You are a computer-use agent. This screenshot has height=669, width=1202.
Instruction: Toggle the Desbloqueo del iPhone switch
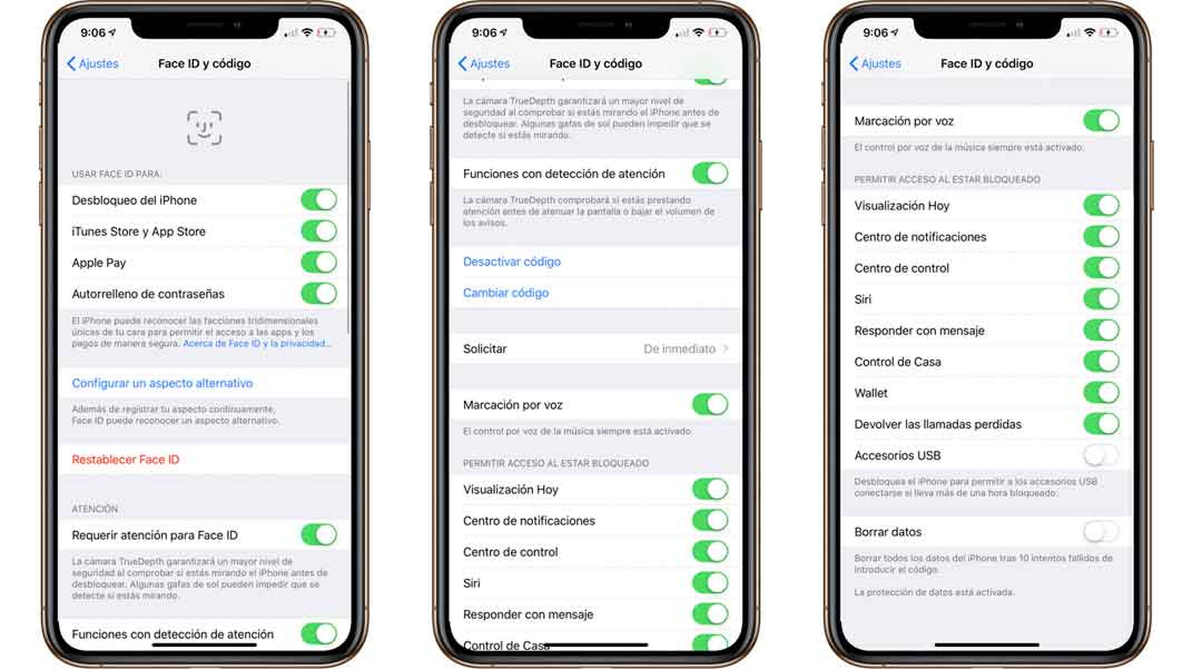point(319,200)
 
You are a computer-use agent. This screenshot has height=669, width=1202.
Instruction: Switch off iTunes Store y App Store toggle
point(319,231)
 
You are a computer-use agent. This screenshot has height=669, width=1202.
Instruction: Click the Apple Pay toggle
point(319,263)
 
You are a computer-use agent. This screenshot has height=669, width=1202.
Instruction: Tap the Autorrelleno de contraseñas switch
point(319,294)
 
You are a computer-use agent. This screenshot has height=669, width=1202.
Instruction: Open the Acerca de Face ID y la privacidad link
point(256,343)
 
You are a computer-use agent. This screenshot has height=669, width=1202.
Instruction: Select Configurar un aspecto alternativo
point(162,383)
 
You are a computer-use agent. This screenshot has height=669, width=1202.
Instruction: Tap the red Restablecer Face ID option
point(126,460)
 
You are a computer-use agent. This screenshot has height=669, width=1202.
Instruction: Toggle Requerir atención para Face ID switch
point(319,535)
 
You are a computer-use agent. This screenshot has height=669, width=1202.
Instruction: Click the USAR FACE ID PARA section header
point(117,174)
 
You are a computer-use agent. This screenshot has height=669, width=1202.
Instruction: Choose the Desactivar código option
point(512,262)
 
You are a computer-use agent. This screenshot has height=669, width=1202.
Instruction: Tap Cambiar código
point(506,293)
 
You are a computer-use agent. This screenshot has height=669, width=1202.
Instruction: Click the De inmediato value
point(679,349)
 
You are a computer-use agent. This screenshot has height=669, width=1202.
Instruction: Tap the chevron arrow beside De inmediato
point(725,349)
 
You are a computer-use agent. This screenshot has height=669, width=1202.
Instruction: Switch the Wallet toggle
point(1101,393)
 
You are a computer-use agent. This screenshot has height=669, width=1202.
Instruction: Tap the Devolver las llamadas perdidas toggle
point(1101,424)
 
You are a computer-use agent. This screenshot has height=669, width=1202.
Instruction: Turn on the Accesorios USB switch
point(1101,455)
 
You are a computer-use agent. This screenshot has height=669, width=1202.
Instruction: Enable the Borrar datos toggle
point(1101,532)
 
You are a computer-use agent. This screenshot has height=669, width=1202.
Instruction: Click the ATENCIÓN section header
point(95,509)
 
